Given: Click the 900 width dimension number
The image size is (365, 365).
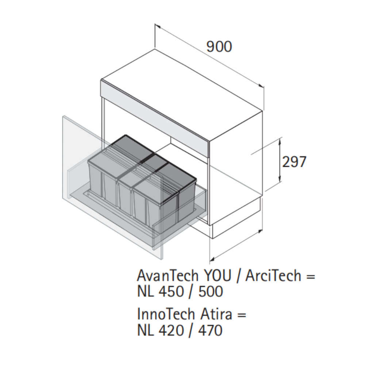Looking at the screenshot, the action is (219, 47).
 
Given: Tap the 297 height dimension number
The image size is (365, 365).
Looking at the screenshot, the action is (294, 162).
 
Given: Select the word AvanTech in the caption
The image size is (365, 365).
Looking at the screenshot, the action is (168, 276).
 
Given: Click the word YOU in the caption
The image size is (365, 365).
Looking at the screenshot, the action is (218, 276).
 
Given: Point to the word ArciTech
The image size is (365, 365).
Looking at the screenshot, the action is (273, 276).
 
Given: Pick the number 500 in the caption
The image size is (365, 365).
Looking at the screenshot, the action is (211, 291).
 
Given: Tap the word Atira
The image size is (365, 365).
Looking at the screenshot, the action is (216, 314).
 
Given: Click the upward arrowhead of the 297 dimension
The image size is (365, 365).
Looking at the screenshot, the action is (280, 140).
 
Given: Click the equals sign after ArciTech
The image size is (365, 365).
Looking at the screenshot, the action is (311, 277).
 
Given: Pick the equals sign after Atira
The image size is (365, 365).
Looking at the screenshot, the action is (242, 315).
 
